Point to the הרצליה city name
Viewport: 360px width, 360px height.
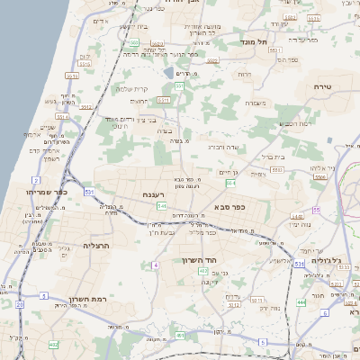(x=95, y=244)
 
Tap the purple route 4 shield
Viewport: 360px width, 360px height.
(x=156, y=265)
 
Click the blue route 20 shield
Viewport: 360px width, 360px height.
(x=21, y=304)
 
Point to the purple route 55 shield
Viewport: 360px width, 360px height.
(x=317, y=210)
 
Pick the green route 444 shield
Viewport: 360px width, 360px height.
(x=301, y=302)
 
